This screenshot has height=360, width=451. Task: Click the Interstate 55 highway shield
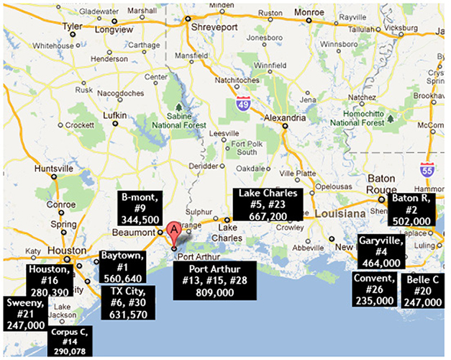tap(427, 171)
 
